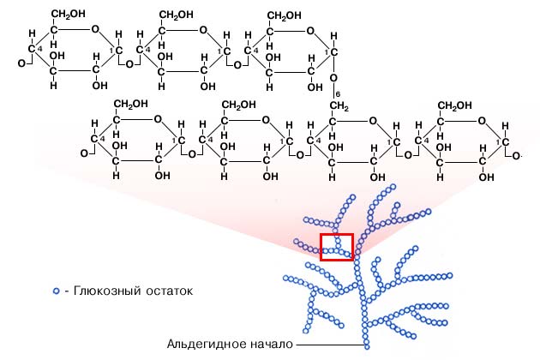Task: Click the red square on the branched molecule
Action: (x=337, y=246)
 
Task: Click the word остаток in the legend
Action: (x=167, y=291)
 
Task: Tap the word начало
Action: (x=269, y=345)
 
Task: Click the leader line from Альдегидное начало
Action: (x=330, y=345)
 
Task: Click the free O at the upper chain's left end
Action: (x=21, y=63)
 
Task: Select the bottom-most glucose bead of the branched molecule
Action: (x=367, y=346)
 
